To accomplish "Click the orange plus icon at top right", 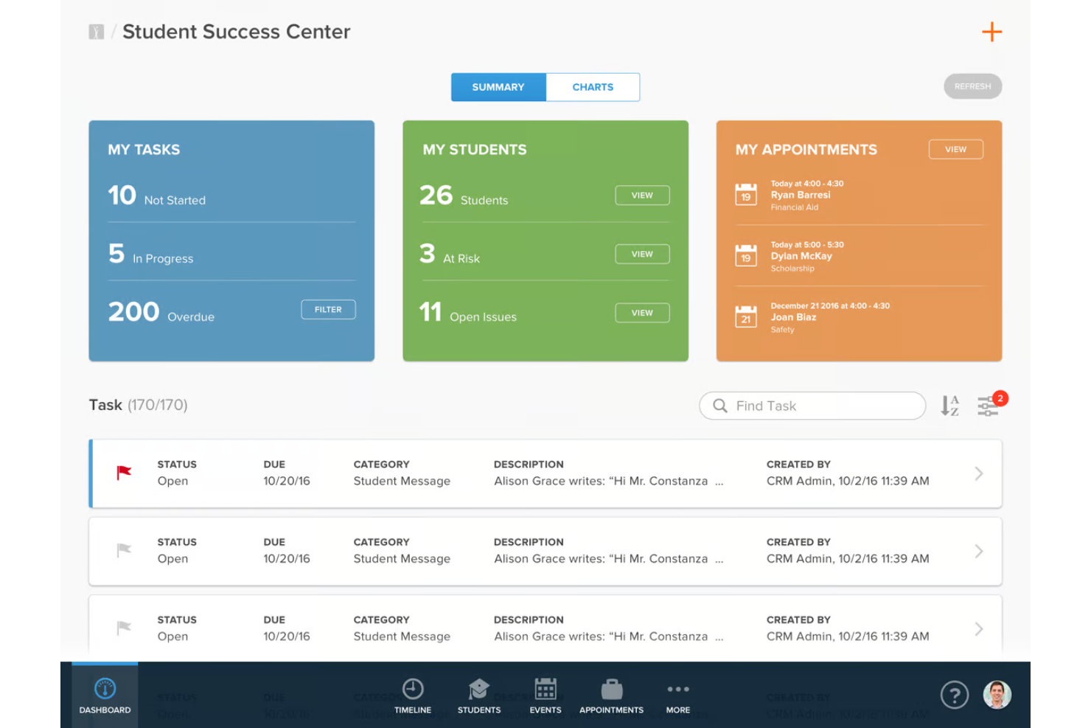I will point(991,32).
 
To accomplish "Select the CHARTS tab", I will point(593,87).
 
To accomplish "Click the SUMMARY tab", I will point(498,87).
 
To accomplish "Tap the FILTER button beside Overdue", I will point(328,310).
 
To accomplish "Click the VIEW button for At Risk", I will point(642,254).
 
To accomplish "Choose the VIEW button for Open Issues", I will point(642,313).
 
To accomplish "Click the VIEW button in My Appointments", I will point(955,149).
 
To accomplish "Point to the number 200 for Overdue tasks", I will point(133,312).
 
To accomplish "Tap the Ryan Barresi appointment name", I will point(801,195).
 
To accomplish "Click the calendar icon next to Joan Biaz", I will point(746,317).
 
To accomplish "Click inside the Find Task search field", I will point(818,406).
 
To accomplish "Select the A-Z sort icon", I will point(949,406).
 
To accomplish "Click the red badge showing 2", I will point(1000,398).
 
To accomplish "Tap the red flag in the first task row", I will point(124,472).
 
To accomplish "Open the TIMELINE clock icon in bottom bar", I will point(413,689).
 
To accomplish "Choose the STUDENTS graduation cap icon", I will point(479,689).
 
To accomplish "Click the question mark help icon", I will point(955,695).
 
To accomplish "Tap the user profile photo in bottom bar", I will point(997,695).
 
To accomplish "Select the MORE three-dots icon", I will point(678,689).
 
